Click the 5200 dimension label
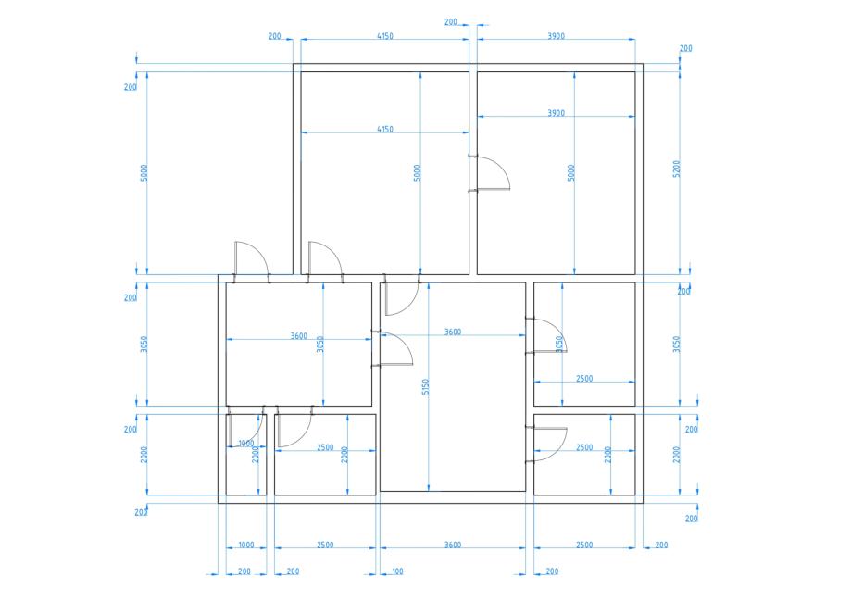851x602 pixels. pos(676,169)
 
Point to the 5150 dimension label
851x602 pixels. pos(426,386)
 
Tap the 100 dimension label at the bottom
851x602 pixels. pos(397,571)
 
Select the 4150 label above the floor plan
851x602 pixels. pos(385,36)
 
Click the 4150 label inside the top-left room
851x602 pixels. pos(385,129)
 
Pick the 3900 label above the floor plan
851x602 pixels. pos(556,36)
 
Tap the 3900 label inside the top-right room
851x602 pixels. pos(556,113)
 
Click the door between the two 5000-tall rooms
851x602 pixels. pos(489,173)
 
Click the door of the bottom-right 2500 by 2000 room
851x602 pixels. pos(546,445)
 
